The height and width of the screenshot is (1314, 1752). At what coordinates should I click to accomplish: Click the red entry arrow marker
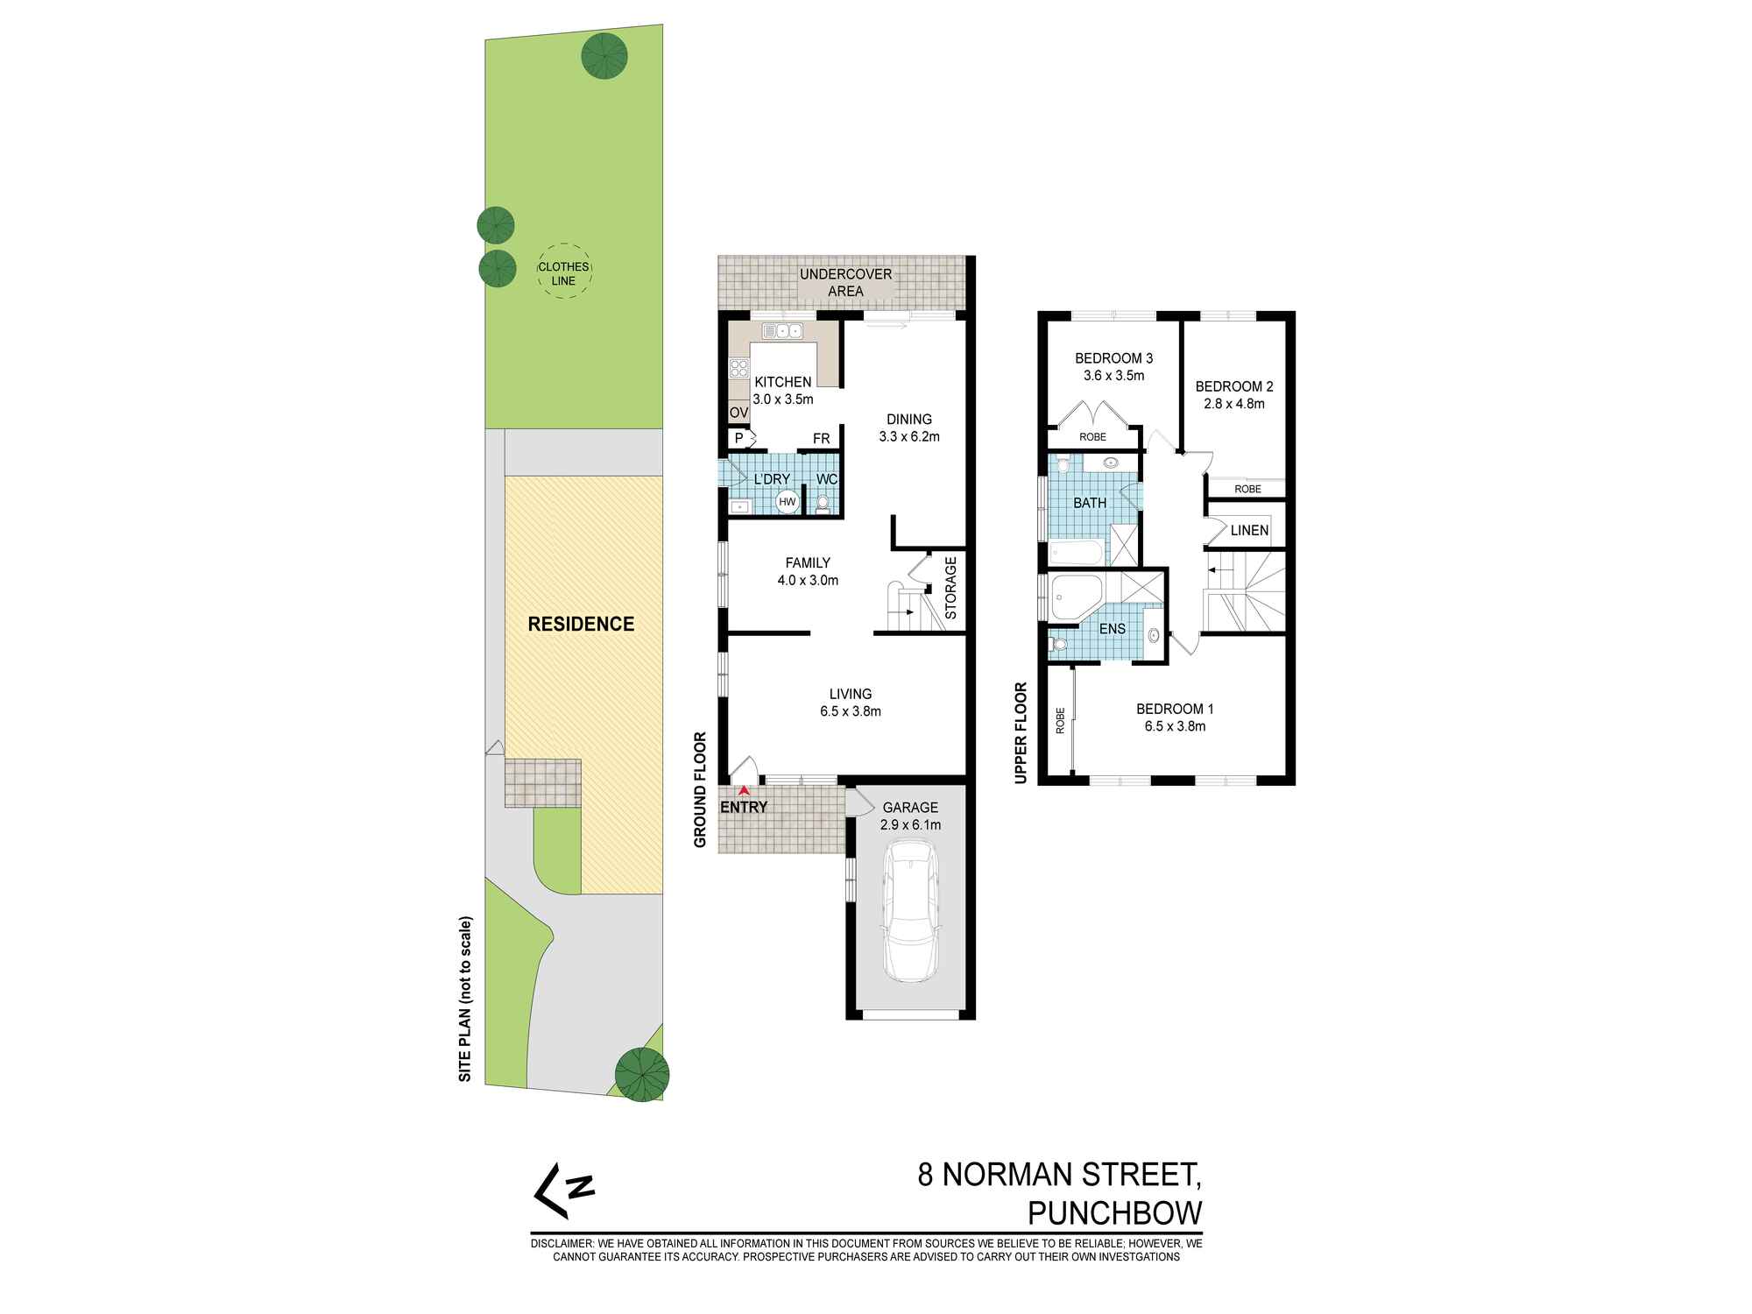click(745, 790)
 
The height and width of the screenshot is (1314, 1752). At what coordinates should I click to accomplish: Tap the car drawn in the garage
click(911, 911)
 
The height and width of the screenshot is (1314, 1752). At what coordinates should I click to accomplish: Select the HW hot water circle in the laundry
click(788, 502)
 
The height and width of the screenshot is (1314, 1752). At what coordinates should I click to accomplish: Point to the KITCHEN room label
click(783, 382)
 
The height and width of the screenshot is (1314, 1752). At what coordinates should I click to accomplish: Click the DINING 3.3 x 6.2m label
click(909, 427)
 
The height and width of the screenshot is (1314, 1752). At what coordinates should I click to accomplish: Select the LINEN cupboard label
click(1249, 530)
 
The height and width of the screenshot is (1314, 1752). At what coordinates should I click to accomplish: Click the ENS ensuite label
click(1112, 629)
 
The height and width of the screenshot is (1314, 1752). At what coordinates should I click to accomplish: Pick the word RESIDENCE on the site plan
click(581, 625)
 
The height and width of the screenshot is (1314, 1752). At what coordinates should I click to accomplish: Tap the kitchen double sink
click(782, 331)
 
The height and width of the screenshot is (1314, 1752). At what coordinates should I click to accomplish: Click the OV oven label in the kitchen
click(738, 413)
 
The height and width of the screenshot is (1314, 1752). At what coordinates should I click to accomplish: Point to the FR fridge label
click(821, 439)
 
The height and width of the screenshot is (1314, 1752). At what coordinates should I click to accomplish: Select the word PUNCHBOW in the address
click(1114, 1213)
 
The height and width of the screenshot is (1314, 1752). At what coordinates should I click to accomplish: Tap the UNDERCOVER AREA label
click(845, 282)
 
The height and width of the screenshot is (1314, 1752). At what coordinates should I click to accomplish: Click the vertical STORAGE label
click(950, 586)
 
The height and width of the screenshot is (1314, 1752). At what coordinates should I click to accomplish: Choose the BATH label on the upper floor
click(1090, 503)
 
